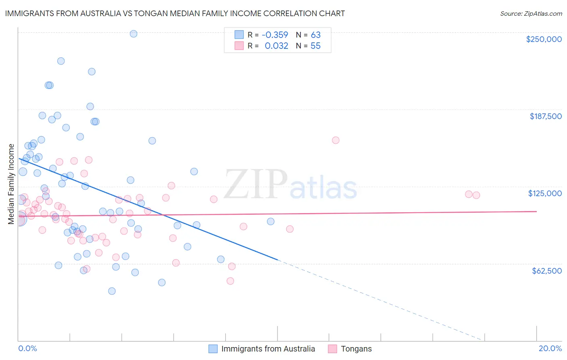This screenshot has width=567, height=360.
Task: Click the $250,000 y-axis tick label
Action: click(544, 39)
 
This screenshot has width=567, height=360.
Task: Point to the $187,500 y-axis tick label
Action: click(545, 116)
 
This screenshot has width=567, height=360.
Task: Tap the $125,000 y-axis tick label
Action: click(545, 193)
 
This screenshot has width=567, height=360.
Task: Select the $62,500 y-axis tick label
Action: click(546, 271)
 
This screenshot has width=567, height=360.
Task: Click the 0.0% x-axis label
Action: click(27, 348)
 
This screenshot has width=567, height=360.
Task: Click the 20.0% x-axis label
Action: click(550, 348)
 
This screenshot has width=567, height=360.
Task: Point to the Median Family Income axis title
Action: click(11, 184)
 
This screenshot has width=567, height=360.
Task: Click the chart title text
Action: click(175, 13)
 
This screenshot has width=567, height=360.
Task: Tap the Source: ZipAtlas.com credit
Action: click(531, 14)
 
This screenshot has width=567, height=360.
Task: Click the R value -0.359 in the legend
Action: click(275, 35)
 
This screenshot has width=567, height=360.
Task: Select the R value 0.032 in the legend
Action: click(276, 46)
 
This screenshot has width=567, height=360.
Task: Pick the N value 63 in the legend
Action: click(315, 35)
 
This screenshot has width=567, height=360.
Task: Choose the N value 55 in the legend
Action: click(315, 46)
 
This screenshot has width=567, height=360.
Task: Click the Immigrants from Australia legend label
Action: click(268, 349)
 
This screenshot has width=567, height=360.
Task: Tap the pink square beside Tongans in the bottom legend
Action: click(332, 349)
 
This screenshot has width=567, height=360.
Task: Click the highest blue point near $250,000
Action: click(133, 34)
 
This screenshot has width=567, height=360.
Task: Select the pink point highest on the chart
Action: click(336, 140)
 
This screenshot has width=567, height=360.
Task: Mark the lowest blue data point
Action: click(112, 291)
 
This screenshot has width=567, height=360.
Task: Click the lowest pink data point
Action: click(230, 281)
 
